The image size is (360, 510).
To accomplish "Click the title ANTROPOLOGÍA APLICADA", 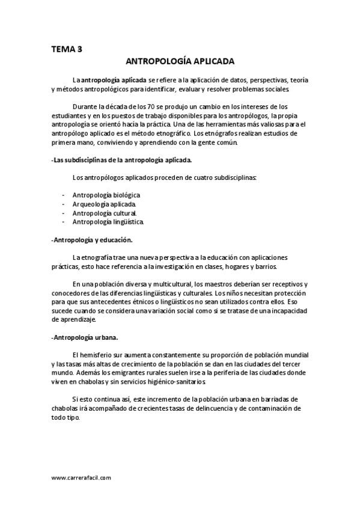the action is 180,61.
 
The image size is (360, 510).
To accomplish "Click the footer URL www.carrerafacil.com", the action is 82,478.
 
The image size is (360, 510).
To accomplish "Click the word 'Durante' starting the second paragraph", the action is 84,106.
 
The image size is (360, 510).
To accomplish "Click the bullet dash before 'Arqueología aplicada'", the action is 64,204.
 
